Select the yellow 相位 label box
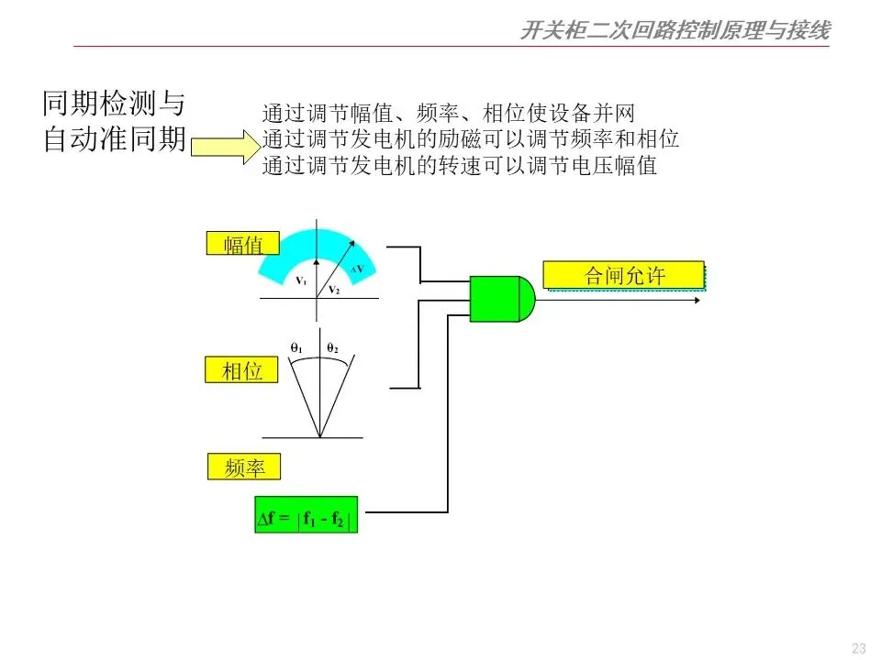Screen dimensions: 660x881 point(242,370)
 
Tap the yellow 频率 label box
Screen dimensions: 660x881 point(243,467)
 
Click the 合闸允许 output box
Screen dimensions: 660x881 point(625,275)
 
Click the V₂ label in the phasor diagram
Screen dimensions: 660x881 point(334,290)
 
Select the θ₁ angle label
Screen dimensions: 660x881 point(296,348)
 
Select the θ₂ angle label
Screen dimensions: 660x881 point(331,348)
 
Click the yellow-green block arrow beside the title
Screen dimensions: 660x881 point(221,145)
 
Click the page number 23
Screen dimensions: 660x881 point(859,648)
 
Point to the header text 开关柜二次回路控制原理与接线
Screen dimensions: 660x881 point(675,31)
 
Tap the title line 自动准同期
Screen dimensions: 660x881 point(114,139)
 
